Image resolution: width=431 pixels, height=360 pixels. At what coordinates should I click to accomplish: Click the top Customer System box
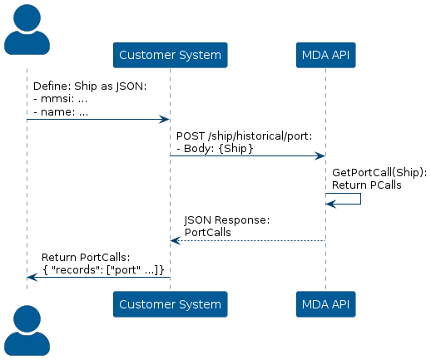tap(171, 55)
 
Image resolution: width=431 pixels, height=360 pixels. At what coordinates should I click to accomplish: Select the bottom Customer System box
tap(171, 304)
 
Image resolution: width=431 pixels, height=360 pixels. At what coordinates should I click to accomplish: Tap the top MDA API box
tap(326, 55)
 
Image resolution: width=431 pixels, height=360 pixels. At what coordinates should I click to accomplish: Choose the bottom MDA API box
tap(326, 304)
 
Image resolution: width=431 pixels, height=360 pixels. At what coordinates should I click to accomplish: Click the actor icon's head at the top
tap(27, 17)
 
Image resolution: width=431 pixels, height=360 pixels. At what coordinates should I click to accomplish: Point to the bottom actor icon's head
tap(27, 318)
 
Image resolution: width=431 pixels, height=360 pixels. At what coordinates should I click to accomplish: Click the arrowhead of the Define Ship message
tap(164, 120)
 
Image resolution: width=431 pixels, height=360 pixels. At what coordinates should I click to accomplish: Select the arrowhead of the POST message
tap(320, 156)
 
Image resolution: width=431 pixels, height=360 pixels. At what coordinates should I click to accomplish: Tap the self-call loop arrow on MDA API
tap(360, 199)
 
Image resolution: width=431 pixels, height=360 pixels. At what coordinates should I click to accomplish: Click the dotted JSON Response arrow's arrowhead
tap(176, 240)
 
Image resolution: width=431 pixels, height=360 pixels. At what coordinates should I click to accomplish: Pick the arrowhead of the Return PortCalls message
tap(32, 277)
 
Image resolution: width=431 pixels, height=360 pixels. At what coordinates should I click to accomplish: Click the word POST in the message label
tap(191, 136)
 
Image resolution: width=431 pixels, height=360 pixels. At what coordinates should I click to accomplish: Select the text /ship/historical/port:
tap(260, 136)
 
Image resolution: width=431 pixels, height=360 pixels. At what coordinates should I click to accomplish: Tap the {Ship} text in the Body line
tap(235, 149)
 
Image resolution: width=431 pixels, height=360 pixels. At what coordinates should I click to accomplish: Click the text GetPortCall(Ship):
tap(379, 173)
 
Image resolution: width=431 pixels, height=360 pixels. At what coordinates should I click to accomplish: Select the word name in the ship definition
tap(55, 112)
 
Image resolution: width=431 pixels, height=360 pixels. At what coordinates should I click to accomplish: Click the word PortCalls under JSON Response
tap(208, 232)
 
